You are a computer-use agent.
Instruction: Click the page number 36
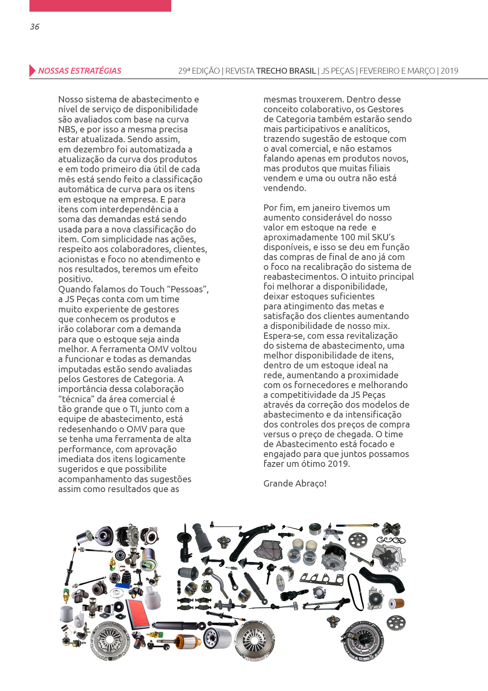(35, 27)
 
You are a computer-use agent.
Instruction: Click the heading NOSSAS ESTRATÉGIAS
(79, 71)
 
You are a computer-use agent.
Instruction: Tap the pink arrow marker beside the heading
(32, 71)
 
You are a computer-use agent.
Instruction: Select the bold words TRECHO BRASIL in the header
(286, 71)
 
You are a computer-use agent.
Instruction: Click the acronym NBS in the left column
(67, 129)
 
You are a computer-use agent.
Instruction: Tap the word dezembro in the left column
(93, 149)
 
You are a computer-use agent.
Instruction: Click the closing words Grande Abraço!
(295, 483)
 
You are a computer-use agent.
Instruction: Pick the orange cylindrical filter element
(396, 603)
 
